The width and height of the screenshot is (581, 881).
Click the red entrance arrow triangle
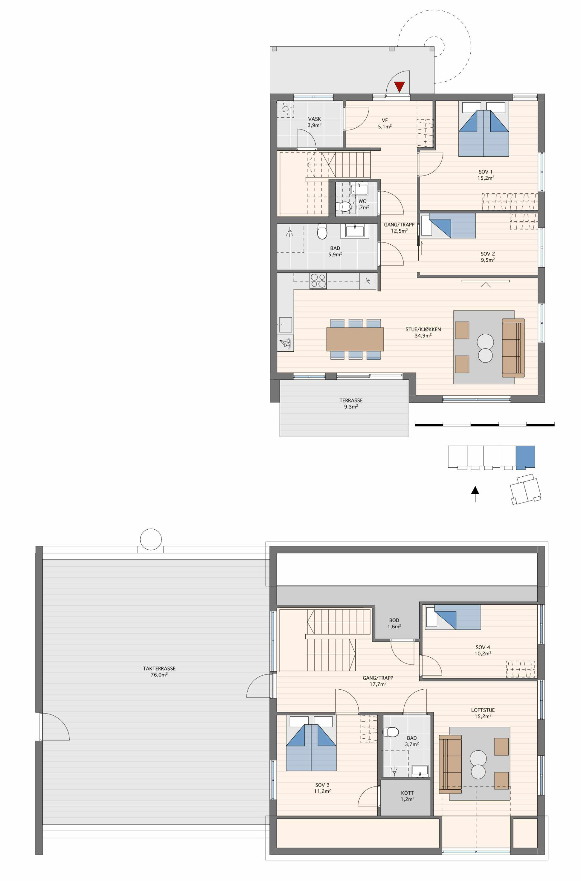399,87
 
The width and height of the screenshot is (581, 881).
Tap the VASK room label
314,119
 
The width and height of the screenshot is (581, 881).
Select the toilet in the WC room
345,206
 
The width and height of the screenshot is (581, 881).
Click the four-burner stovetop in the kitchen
318,280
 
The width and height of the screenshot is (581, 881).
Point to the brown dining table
355,339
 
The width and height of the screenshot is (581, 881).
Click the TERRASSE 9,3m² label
351,403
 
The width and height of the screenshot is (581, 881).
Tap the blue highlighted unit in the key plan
525,456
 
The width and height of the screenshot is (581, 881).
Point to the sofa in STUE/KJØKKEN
513,348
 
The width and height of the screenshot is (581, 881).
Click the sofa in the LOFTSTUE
450,764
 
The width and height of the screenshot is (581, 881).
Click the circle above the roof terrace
151,540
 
